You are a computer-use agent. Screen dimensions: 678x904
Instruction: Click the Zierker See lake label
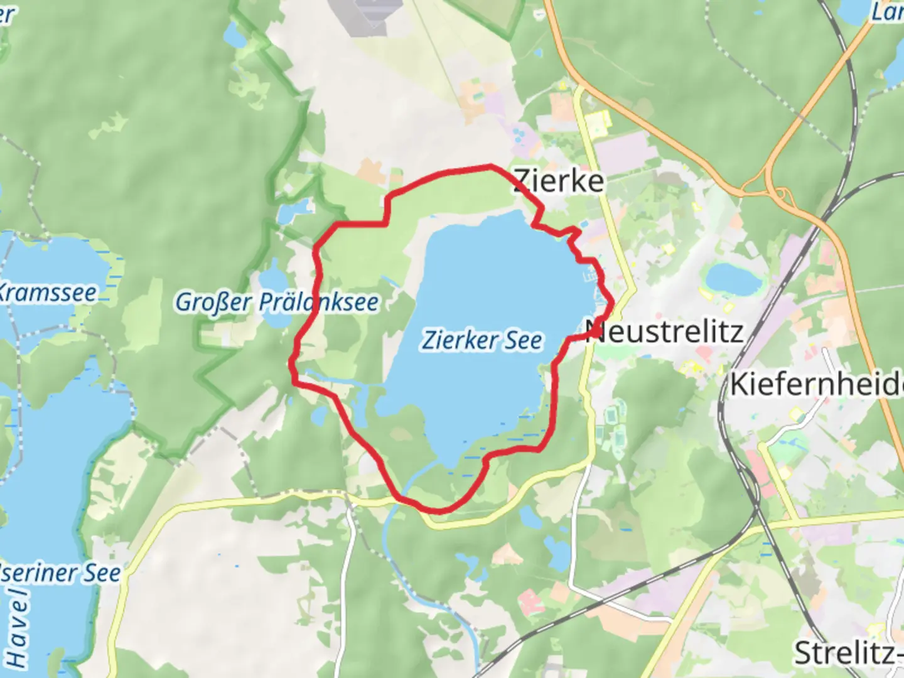point(482,340)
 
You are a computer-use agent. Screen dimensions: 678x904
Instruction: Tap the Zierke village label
point(559,181)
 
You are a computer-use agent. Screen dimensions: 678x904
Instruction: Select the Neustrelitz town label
point(665,331)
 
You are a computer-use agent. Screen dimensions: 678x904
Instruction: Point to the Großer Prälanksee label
point(277,302)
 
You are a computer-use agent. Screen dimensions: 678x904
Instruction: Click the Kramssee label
point(47,293)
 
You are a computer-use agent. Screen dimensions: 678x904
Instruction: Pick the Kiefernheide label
point(816,384)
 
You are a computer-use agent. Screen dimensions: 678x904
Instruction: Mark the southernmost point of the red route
point(438,511)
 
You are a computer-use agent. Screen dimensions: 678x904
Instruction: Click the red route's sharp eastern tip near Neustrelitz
point(612,304)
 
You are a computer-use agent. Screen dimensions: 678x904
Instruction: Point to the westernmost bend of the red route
point(292,362)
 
